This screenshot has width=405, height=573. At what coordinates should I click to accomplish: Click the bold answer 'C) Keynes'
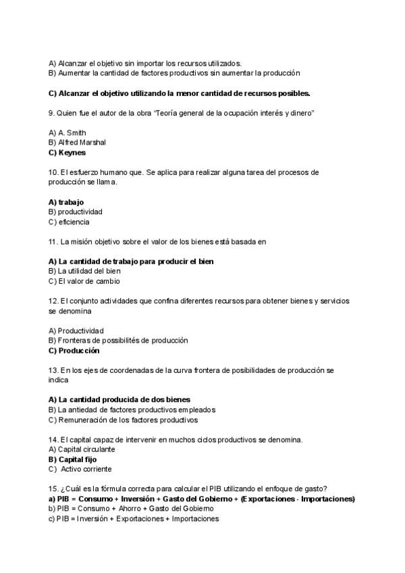coord(67,153)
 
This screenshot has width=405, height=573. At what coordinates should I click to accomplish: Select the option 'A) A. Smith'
coord(67,132)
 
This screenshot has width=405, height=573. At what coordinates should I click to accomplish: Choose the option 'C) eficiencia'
coord(69,222)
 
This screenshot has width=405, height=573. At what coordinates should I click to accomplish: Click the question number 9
coord(51,113)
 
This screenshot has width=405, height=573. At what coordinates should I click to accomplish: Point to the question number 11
coord(53,241)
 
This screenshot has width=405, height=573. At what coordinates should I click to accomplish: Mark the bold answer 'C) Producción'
coord(74,351)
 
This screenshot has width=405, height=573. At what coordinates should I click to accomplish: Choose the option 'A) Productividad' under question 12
coord(76,330)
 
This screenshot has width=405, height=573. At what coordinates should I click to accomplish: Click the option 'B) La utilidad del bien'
coord(85,271)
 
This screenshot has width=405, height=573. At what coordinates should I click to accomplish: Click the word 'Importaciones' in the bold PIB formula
coord(328,499)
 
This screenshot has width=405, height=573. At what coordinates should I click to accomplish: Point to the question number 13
coord(53,370)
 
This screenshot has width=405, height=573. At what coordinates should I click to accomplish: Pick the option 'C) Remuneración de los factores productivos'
coord(124,420)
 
